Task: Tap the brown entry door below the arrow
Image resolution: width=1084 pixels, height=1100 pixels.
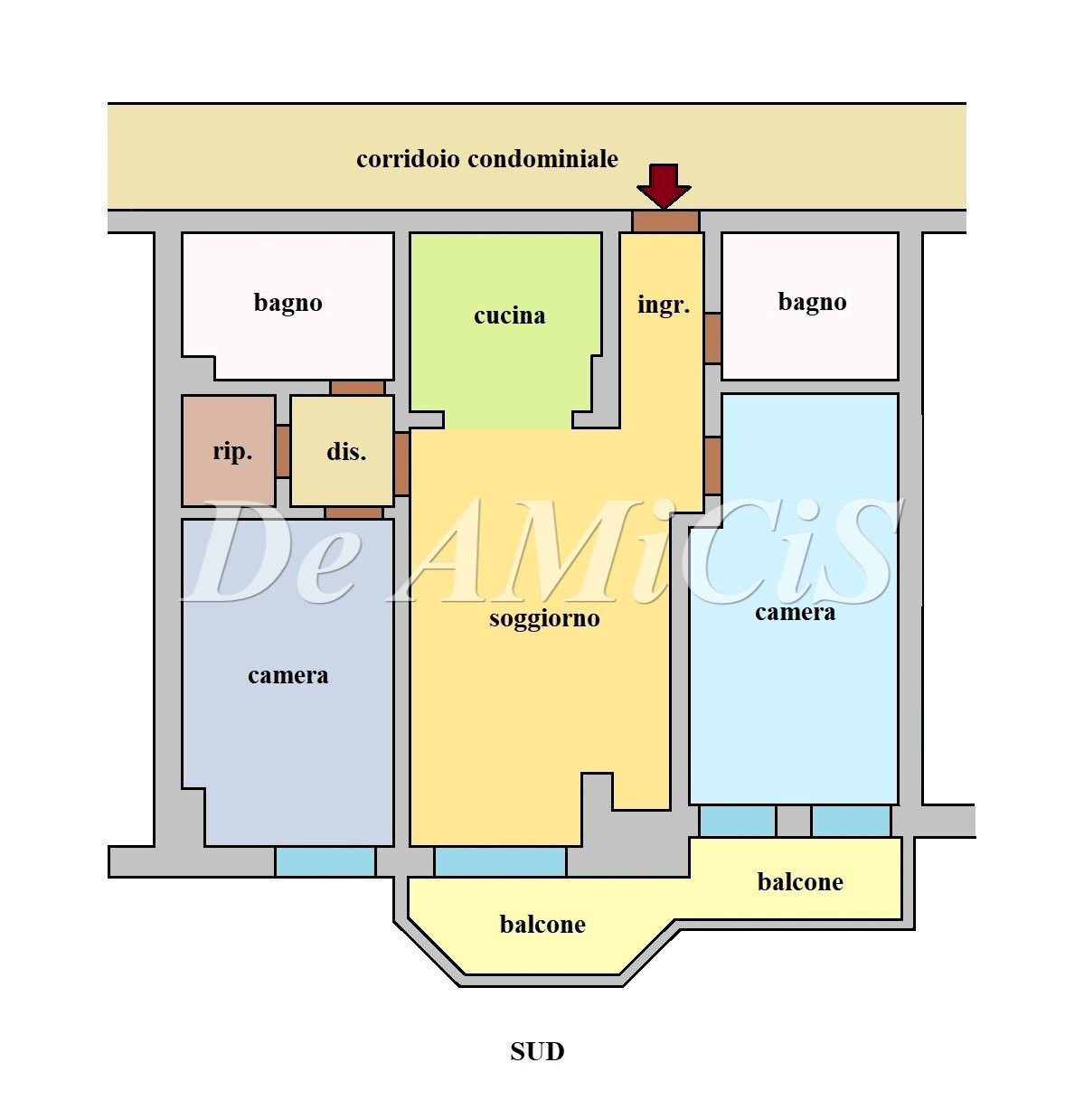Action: [x=665, y=221]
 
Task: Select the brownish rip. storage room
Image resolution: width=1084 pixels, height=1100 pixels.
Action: [x=229, y=450]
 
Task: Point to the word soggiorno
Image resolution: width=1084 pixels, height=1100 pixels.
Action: [x=544, y=619]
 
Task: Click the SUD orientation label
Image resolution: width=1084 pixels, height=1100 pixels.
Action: [x=537, y=1051]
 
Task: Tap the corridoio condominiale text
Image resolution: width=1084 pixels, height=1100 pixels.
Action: [x=487, y=159]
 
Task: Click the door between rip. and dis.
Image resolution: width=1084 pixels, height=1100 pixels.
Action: [x=283, y=450]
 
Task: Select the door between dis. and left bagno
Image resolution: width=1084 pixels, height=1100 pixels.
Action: [x=357, y=388]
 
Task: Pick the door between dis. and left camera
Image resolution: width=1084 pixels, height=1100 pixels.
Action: [x=353, y=512]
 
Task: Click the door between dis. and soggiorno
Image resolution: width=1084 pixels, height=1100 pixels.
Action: [x=402, y=463]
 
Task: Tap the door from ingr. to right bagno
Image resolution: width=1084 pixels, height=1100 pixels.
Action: [x=712, y=338]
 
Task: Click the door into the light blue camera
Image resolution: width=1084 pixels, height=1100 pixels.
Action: [x=712, y=465]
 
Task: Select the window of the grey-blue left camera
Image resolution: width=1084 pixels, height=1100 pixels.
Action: [x=325, y=861]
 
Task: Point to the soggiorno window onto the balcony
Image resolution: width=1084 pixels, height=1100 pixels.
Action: [x=500, y=861]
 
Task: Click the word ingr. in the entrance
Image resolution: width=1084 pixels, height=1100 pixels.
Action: [x=664, y=305]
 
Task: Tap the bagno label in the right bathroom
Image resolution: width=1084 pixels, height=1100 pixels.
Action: [x=812, y=302]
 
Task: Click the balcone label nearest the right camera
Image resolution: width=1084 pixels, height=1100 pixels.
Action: [x=800, y=882]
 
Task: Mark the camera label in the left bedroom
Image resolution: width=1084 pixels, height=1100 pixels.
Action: [x=287, y=675]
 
